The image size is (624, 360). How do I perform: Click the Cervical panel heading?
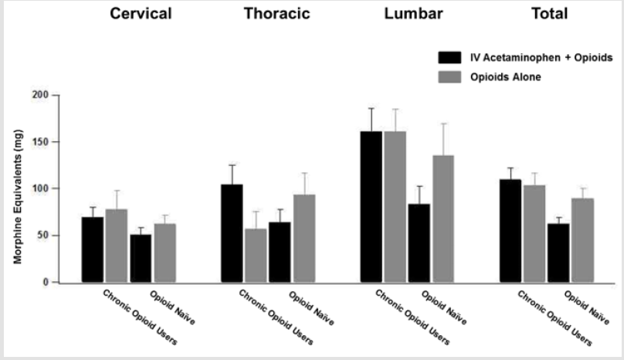point(141,14)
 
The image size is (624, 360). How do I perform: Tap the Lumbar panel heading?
point(412,14)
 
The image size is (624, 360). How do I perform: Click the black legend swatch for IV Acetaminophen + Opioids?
point(449,57)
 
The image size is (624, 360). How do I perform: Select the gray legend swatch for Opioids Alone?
point(449,77)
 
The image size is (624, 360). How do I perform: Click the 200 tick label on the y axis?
point(40,95)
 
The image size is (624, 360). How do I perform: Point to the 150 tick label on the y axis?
point(40,142)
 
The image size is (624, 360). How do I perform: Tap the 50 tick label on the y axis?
point(42,236)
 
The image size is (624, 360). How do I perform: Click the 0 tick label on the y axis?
point(46,283)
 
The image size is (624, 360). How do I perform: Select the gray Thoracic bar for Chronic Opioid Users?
point(256,255)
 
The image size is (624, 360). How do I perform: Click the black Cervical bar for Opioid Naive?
point(141,258)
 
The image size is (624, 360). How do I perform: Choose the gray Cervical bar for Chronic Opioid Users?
point(116,246)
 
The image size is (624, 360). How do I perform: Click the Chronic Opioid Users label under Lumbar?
point(411,317)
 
